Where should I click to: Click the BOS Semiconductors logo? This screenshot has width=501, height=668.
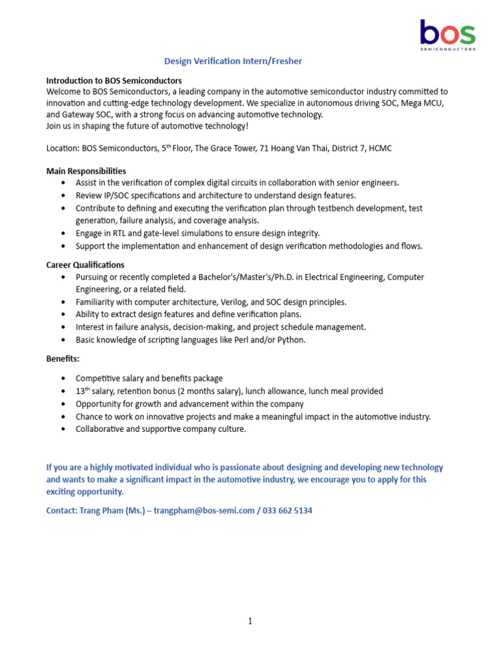point(447,34)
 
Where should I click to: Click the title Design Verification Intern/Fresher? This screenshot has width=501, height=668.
point(233,61)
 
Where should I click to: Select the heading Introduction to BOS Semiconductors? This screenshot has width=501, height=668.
point(114,80)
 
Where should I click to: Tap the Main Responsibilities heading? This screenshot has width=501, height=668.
point(86,171)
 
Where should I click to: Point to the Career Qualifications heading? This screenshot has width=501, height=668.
point(85,265)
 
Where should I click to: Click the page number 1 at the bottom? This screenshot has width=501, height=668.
point(250,621)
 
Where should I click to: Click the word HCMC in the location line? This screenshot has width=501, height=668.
point(380,148)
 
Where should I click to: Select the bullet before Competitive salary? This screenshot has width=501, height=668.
point(63,379)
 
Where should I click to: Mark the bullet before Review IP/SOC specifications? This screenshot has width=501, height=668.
point(63,196)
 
